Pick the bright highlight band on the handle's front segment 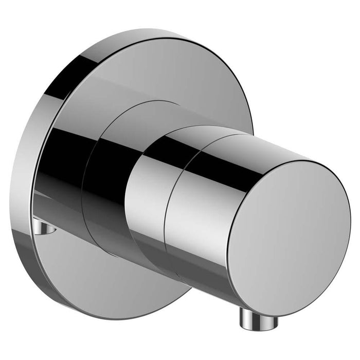(x=201, y=216)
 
